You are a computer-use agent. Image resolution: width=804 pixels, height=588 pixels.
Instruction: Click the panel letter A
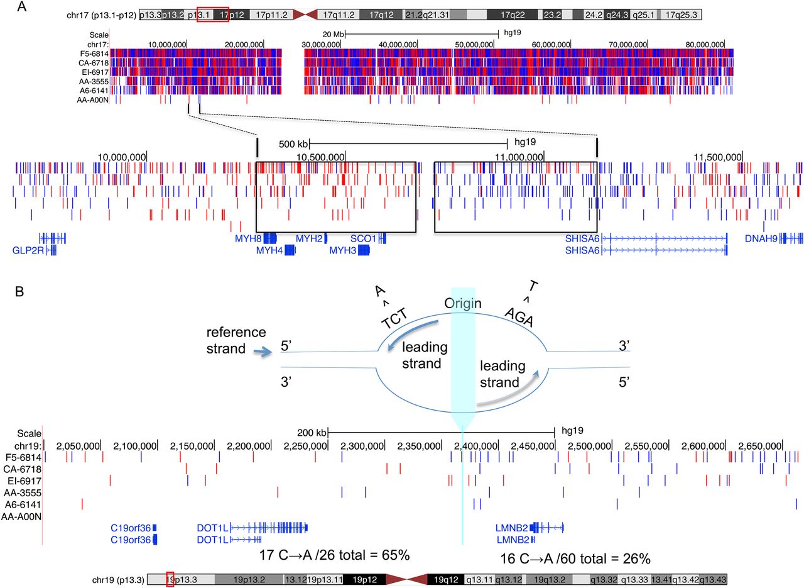pyautogui.click(x=21, y=6)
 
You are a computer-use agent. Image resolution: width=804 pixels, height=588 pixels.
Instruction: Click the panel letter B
pyautogui.click(x=19, y=291)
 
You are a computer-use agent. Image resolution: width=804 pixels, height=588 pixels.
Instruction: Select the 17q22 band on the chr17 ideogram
pyautogui.click(x=513, y=14)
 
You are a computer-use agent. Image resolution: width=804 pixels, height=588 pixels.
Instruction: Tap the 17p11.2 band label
pyautogui.click(x=271, y=14)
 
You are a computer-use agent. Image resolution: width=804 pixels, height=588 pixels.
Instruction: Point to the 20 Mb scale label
pyautogui.click(x=333, y=35)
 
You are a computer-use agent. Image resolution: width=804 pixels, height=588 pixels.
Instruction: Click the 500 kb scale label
pyautogui.click(x=293, y=144)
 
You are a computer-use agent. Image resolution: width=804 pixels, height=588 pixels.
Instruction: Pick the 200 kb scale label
pyautogui.click(x=312, y=433)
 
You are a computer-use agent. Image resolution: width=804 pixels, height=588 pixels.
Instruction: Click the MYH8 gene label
pyautogui.click(x=248, y=238)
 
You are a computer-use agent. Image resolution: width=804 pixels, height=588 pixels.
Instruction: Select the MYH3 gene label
pyautogui.click(x=343, y=250)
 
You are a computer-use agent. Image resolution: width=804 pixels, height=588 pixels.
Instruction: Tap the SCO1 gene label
pyautogui.click(x=363, y=238)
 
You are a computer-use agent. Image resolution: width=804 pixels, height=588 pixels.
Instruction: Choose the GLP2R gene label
pyautogui.click(x=28, y=250)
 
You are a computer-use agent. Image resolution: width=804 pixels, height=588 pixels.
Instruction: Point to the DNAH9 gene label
pyautogui.click(x=761, y=238)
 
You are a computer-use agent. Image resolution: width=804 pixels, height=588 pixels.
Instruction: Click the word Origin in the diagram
pyautogui.click(x=463, y=303)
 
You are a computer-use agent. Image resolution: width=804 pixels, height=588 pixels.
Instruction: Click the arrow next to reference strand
pyautogui.click(x=263, y=352)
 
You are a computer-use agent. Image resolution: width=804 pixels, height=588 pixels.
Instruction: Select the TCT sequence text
pyautogui.click(x=394, y=319)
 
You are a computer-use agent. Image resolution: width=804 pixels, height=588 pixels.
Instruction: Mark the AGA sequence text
pyautogui.click(x=519, y=317)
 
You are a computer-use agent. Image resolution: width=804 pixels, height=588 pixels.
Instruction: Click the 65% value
pyautogui.click(x=396, y=555)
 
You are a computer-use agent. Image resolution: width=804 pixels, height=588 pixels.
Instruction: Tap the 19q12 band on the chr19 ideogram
pyautogui.click(x=446, y=580)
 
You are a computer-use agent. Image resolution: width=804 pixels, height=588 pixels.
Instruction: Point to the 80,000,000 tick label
pyautogui.click(x=705, y=45)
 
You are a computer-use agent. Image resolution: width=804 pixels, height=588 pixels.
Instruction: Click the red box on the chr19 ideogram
pyautogui.click(x=170, y=579)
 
